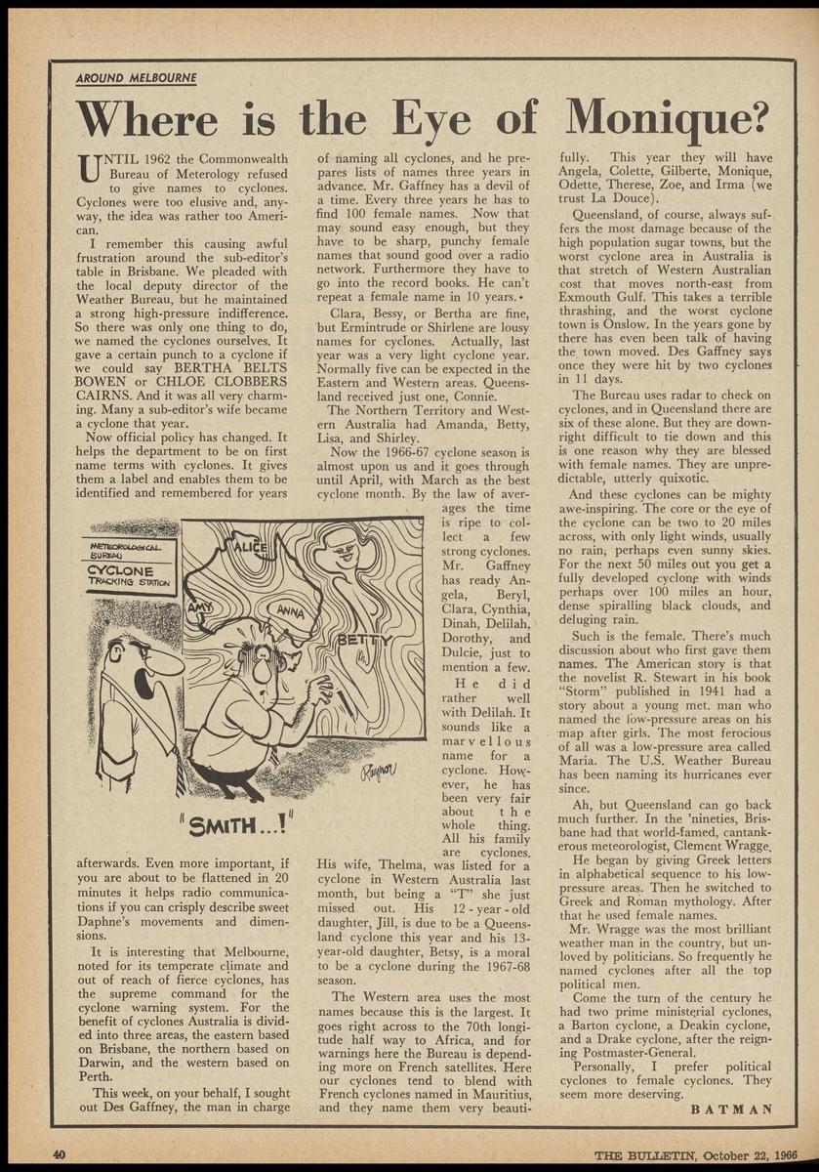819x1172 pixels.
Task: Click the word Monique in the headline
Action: (665, 119)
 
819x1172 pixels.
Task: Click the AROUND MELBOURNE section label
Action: (137, 78)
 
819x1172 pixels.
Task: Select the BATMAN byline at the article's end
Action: (731, 1109)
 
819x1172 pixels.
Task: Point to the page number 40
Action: (58, 1155)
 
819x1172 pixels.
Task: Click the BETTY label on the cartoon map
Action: (363, 640)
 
